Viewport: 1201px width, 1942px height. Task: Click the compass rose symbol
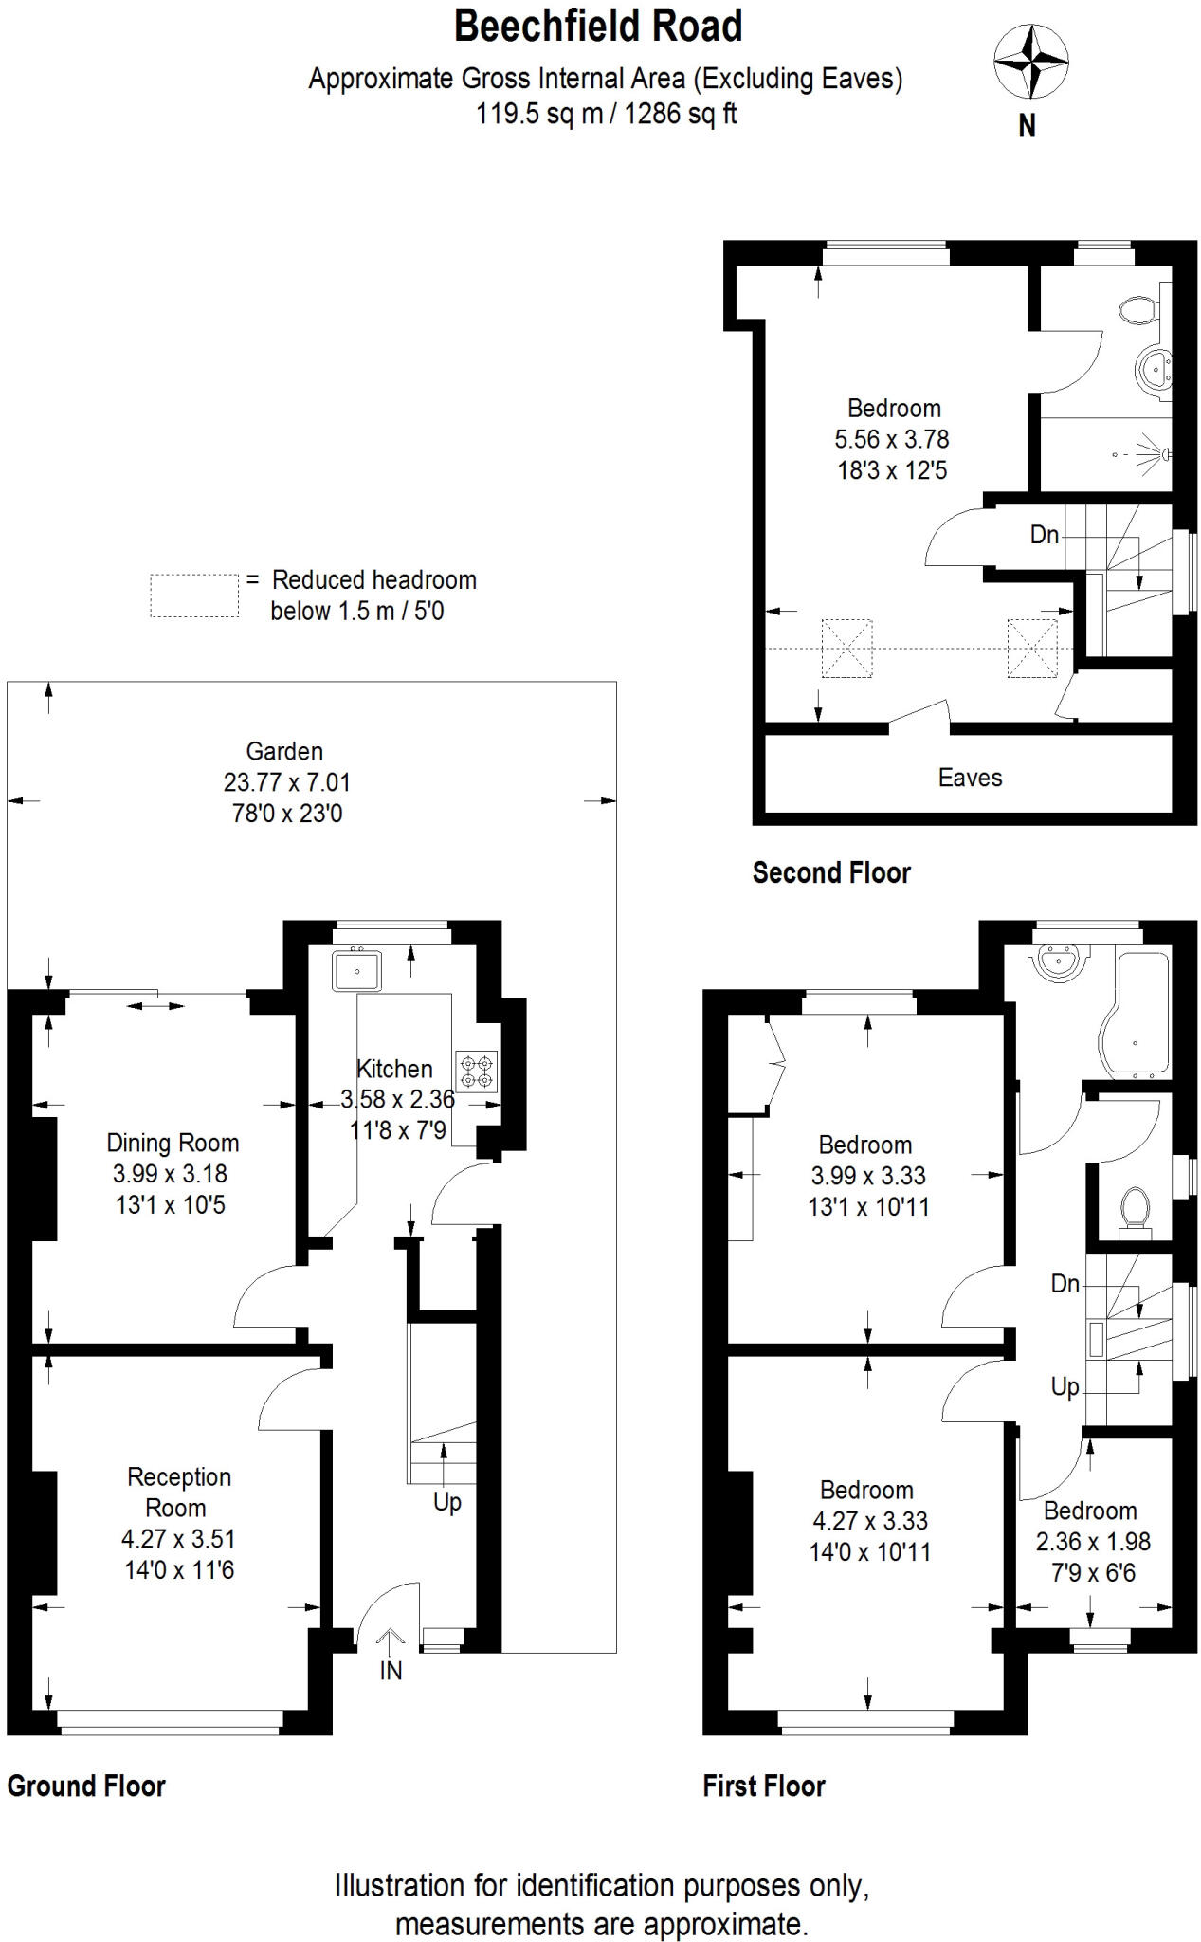[1030, 63]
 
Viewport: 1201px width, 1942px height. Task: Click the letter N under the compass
[1027, 125]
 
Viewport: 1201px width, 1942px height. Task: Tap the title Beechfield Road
[598, 26]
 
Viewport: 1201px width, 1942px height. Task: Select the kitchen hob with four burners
[477, 1071]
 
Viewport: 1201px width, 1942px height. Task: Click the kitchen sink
[356, 970]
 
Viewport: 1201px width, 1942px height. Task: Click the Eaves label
[970, 778]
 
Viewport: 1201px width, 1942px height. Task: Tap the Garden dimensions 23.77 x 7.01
[286, 782]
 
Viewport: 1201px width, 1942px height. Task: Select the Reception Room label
[178, 1492]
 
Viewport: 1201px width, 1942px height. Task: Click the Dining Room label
[173, 1143]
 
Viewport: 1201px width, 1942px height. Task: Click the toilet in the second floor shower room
[1137, 309]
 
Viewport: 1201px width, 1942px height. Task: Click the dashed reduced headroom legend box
[194, 595]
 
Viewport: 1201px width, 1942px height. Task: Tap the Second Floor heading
[831, 872]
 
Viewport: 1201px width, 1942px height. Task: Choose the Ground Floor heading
[86, 1786]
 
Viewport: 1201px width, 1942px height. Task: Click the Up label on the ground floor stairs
[446, 1502]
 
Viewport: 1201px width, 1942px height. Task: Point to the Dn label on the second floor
[1044, 535]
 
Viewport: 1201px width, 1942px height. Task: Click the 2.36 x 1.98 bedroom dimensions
[1093, 1542]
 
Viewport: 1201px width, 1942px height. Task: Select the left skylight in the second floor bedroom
[846, 648]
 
